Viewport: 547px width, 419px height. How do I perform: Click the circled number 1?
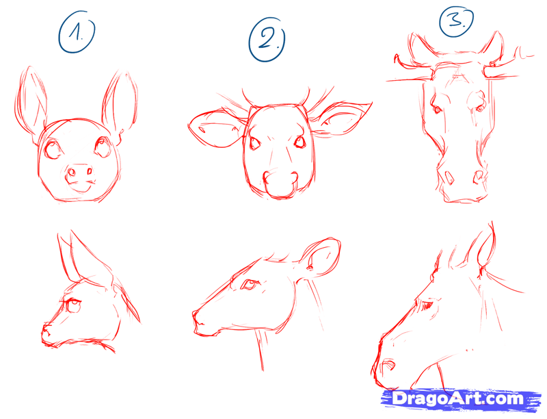pyautogui.click(x=76, y=34)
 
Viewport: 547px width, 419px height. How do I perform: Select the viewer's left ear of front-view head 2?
pyautogui.click(x=213, y=129)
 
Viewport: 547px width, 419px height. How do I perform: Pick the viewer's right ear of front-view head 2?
pyautogui.click(x=343, y=117)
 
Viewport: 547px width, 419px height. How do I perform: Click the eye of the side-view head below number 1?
pyautogui.click(x=71, y=306)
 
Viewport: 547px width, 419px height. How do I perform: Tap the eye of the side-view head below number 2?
pyautogui.click(x=248, y=285)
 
